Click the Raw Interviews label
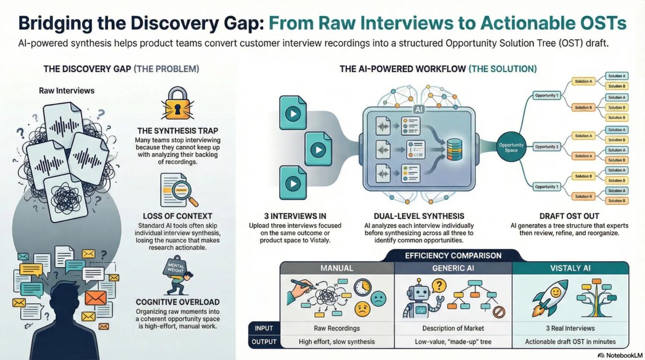(67, 90)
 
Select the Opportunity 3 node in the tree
(546, 146)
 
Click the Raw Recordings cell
(336, 328)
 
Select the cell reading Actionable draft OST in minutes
(570, 342)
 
